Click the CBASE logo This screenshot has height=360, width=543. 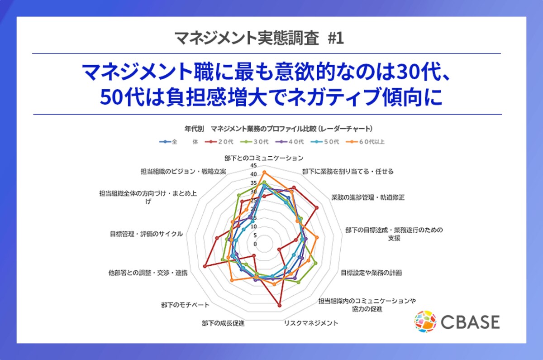[x=457, y=322]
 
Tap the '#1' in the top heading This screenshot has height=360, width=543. [x=335, y=38]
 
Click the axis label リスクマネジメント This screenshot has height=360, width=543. [x=311, y=323]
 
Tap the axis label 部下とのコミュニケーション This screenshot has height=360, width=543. [x=264, y=158]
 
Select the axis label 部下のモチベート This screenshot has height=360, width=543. [x=185, y=305]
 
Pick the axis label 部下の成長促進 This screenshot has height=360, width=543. [x=224, y=323]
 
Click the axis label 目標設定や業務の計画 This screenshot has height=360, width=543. [x=371, y=273]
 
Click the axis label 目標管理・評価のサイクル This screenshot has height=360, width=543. [x=146, y=234]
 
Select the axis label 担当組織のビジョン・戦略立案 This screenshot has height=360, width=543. [x=184, y=172]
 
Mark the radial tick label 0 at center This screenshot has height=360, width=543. [x=255, y=244]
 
